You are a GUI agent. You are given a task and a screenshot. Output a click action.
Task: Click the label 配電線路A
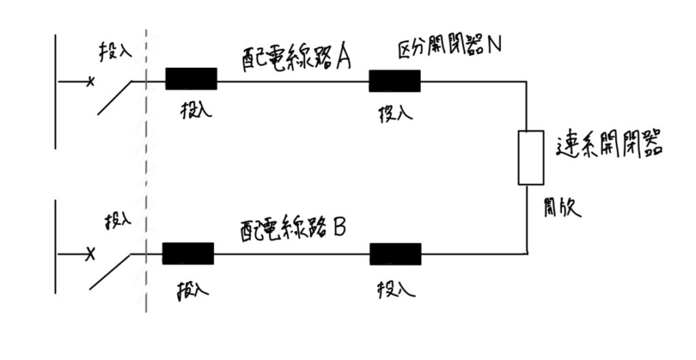(x=295, y=58)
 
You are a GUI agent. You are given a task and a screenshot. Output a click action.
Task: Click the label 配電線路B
(x=293, y=230)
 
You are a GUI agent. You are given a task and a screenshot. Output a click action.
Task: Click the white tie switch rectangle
(x=531, y=157)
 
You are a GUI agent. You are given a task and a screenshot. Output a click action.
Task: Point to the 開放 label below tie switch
(x=562, y=206)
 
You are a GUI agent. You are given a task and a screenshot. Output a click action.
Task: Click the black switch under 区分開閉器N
(x=395, y=80)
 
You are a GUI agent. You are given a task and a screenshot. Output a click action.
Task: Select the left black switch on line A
(x=191, y=79)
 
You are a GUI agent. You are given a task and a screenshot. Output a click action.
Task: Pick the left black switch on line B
(x=188, y=253)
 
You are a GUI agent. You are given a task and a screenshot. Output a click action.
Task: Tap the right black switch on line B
(x=396, y=253)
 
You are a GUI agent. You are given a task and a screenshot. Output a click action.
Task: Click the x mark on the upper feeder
(x=89, y=82)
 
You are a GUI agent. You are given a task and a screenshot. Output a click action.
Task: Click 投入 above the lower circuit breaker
(x=117, y=221)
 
